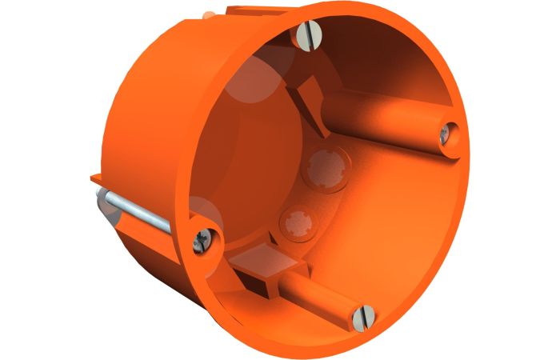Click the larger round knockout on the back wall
pyautogui.click(x=326, y=167)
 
